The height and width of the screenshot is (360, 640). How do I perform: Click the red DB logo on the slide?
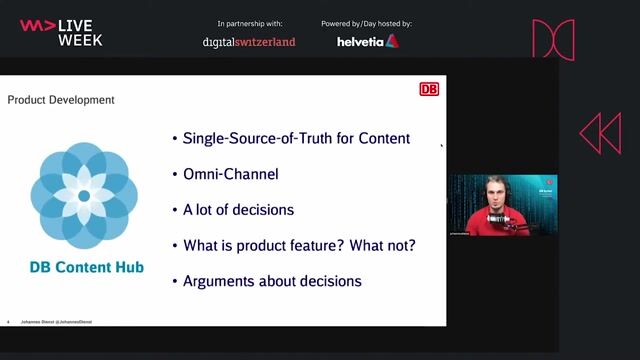tap(429, 89)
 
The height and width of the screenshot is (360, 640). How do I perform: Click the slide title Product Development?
tap(61, 100)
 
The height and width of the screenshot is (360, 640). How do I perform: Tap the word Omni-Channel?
tap(230, 174)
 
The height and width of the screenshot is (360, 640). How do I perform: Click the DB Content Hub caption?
tap(85, 267)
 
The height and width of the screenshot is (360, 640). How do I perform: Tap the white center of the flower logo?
tap(84, 196)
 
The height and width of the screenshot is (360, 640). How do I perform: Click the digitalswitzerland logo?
tap(249, 42)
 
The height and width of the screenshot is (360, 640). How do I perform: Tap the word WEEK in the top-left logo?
tap(80, 40)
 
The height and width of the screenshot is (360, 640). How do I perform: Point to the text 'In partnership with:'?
tap(249, 23)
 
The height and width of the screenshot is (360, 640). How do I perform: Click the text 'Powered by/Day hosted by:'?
tap(366, 23)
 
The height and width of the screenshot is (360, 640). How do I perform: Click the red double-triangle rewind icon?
tap(600, 133)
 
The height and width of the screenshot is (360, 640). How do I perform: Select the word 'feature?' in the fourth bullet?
tap(318, 245)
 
